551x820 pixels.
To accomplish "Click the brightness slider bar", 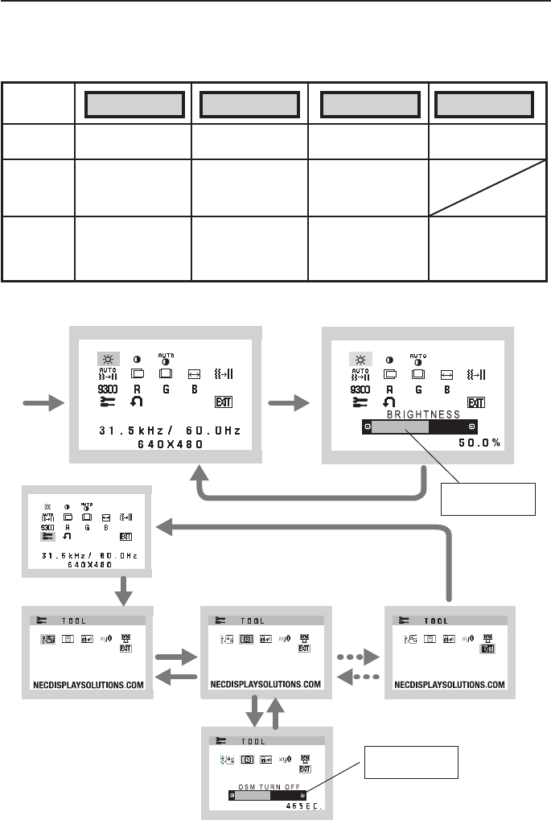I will coord(417,426).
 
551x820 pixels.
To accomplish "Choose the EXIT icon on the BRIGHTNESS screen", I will coord(477,402).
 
